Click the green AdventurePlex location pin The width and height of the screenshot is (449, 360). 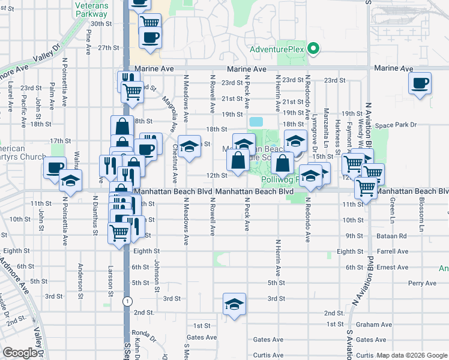tap(312, 49)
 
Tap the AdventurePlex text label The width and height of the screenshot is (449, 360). tap(278, 49)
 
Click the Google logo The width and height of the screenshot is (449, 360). tap(20, 353)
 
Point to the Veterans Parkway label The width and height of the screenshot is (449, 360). tap(91, 8)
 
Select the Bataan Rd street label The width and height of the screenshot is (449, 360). tap(393, 236)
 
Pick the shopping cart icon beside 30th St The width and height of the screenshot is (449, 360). tap(150, 23)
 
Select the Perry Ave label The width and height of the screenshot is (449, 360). tap(421, 283)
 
